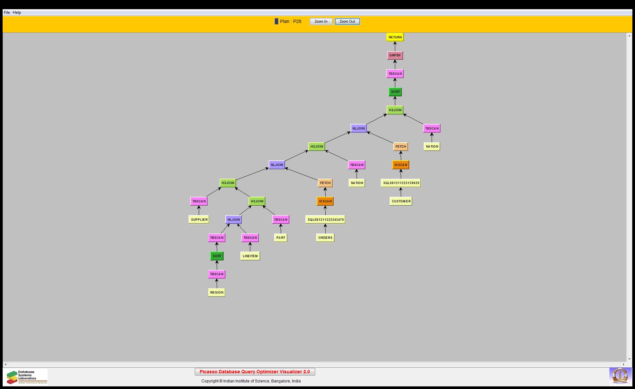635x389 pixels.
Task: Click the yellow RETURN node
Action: click(x=395, y=37)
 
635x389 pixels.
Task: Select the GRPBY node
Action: click(x=395, y=55)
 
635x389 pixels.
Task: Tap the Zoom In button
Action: click(x=321, y=22)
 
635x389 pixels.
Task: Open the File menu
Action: click(x=7, y=12)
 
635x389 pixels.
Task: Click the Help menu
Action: click(x=17, y=12)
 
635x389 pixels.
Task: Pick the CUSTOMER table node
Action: click(x=401, y=201)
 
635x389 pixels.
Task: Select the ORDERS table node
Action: click(x=325, y=238)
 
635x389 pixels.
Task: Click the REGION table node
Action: click(x=217, y=293)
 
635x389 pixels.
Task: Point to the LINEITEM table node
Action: click(x=250, y=256)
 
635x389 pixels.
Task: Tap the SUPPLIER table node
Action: click(x=199, y=220)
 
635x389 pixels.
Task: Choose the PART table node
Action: click(x=281, y=238)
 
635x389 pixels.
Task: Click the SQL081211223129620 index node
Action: click(x=401, y=183)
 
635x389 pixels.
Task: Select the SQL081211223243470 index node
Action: click(x=325, y=220)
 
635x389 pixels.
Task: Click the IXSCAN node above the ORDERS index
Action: click(x=325, y=201)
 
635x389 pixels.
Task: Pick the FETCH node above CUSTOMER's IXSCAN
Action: click(x=400, y=147)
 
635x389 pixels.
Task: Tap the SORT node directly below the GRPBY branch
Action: click(x=395, y=92)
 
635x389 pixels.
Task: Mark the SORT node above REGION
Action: click(x=217, y=256)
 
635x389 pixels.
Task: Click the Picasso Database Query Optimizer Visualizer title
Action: click(x=255, y=372)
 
